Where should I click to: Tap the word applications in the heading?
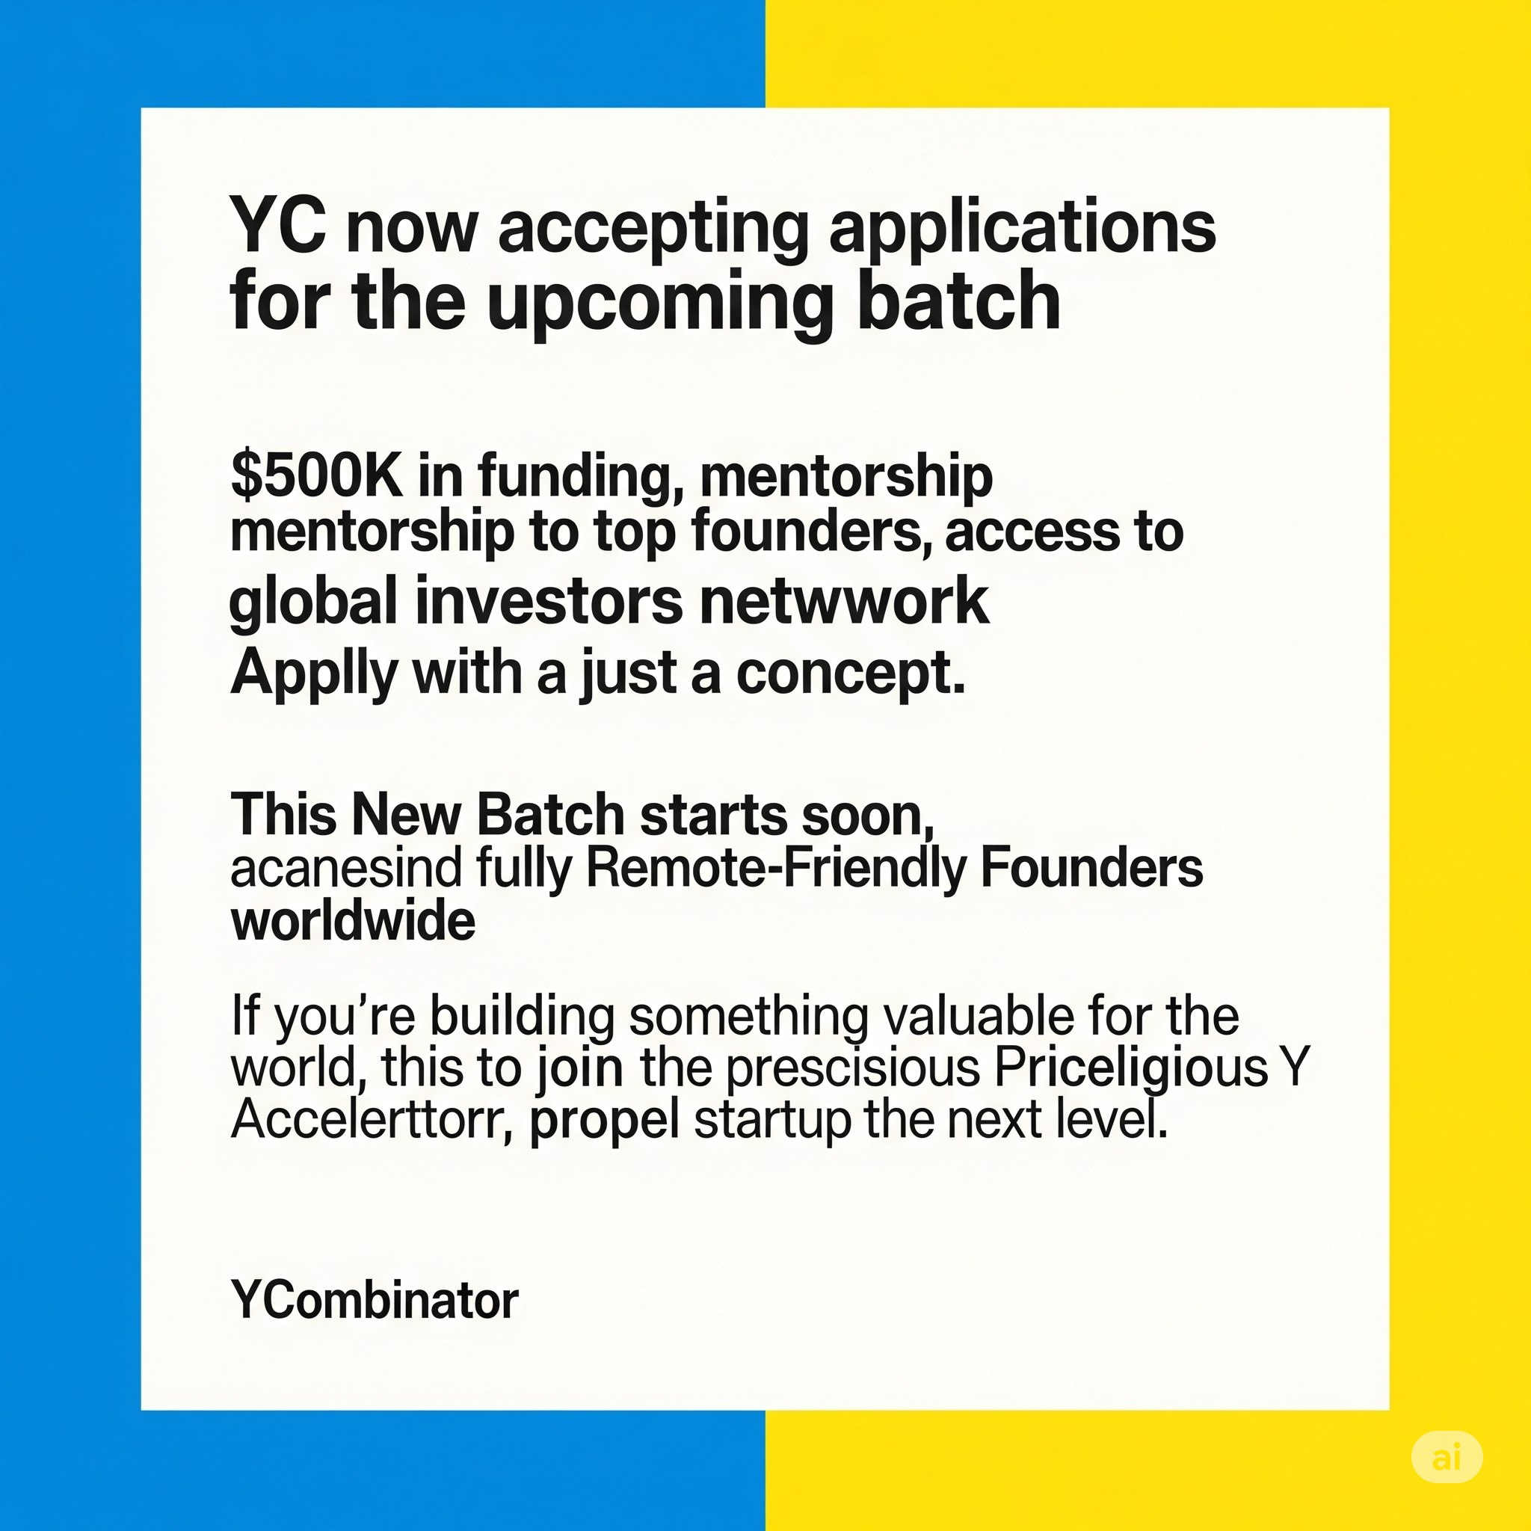[x=1022, y=230]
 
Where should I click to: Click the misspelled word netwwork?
[x=845, y=602]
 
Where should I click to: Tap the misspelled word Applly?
[x=314, y=675]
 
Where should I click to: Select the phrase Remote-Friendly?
[x=776, y=870]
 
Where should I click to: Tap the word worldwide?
[x=354, y=921]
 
